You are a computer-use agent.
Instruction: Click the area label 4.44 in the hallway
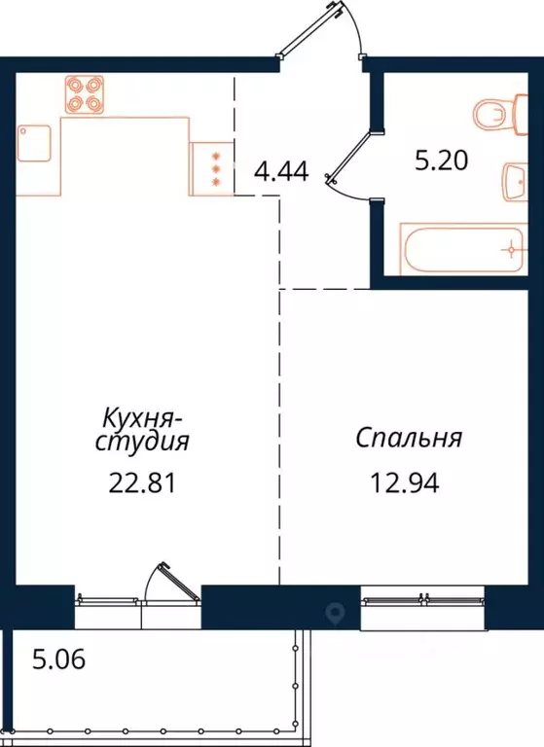[280, 173]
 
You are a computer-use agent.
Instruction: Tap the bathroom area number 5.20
[443, 161]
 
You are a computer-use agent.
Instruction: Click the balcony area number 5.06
[60, 662]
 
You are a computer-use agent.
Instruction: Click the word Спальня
[408, 439]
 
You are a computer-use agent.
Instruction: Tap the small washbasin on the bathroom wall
[516, 182]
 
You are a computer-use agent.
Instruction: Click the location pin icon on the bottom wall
[337, 612]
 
